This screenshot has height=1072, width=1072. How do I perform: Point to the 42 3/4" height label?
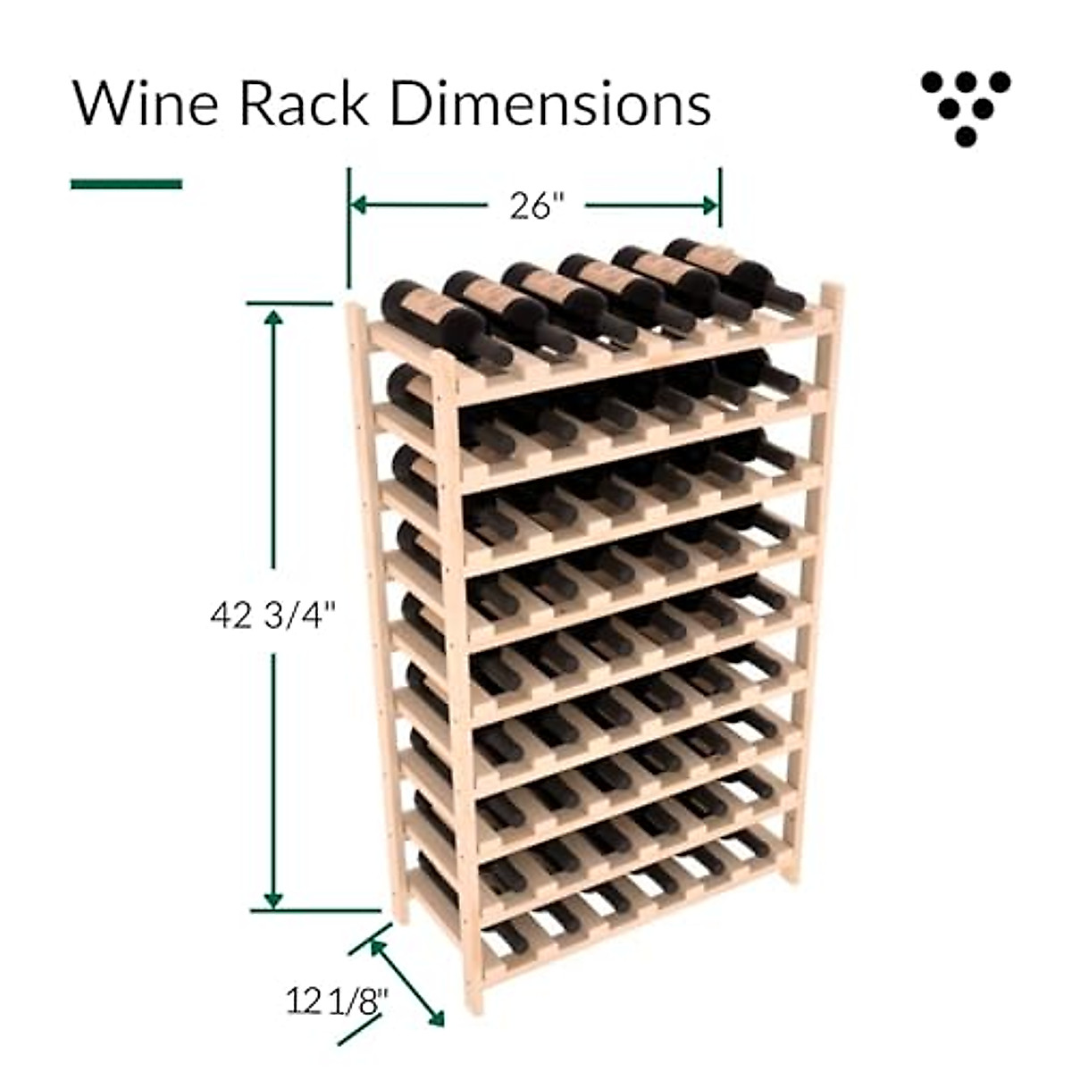(x=273, y=616)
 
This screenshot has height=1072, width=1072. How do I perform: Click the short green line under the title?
(x=126, y=184)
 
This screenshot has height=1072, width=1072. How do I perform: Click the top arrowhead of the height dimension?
(x=273, y=317)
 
